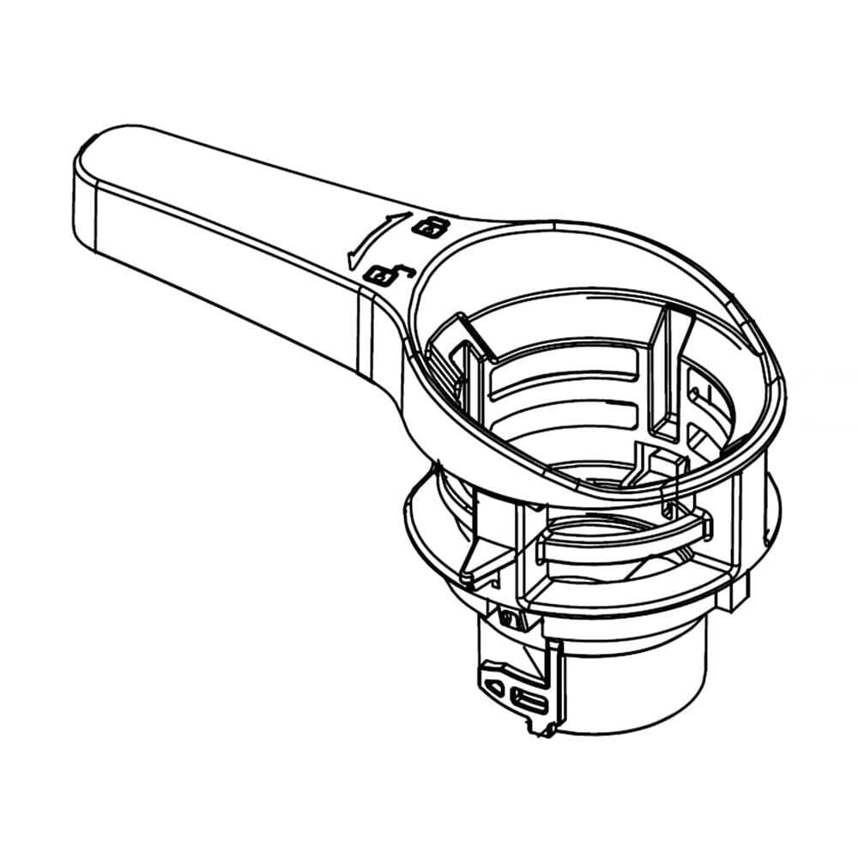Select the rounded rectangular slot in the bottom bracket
coord(529,703)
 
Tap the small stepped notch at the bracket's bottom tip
coord(541,729)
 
